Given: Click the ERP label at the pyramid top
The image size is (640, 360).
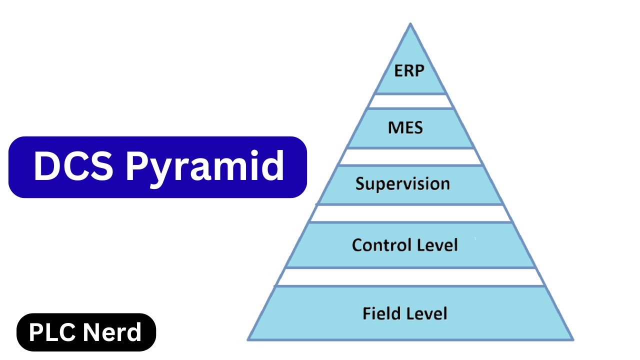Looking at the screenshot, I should [x=409, y=70].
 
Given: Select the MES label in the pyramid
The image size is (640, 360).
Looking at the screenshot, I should [x=405, y=127].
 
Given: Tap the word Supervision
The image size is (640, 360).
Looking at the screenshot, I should [x=402, y=184].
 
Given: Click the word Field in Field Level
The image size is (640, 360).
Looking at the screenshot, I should [x=382, y=313].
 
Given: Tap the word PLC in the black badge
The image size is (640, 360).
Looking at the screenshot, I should [x=51, y=332].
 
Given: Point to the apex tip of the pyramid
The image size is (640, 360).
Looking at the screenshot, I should [x=410, y=24].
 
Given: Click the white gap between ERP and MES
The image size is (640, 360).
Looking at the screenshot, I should [x=410, y=101].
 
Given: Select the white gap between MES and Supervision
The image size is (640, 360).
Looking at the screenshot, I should [x=410, y=157].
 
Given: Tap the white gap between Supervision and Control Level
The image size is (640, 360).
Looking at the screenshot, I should [x=410, y=213].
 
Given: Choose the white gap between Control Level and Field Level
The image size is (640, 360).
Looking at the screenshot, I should [x=410, y=276].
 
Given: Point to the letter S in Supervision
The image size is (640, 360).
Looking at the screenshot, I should [x=360, y=183].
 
